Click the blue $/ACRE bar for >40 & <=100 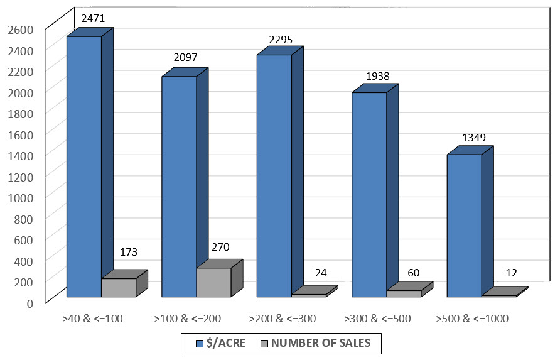84,166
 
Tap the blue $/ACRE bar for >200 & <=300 274,176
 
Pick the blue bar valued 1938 369,195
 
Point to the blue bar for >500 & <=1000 464,226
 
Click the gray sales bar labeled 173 119,288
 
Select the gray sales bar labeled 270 213,282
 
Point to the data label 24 320,273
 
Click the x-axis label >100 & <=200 187,319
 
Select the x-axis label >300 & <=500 377,319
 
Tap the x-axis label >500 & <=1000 472,319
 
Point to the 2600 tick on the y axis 21,28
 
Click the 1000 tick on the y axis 21,197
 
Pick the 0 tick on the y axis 30,302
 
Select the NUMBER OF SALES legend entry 320,343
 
